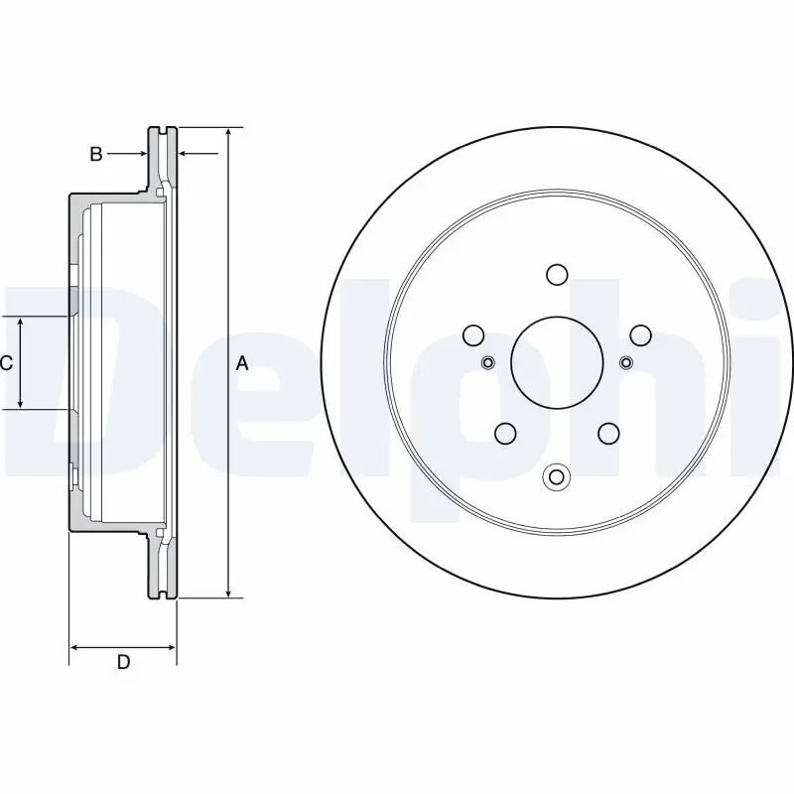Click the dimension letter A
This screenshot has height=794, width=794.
tap(241, 364)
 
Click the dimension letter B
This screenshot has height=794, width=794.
tap(96, 154)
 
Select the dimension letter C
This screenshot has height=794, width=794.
tap(6, 363)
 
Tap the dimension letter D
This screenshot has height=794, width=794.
tap(123, 662)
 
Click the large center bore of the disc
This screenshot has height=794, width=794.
tap(556, 362)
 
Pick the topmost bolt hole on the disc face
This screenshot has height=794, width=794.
tap(556, 274)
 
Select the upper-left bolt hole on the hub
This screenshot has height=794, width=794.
tap(473, 334)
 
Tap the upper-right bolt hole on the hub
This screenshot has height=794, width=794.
tap(639, 334)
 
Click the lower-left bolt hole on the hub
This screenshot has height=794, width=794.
tap(505, 433)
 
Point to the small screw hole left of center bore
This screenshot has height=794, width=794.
tap(486, 362)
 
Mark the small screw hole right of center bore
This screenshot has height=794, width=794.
tap(625, 362)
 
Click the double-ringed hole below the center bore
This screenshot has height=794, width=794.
tap(556, 477)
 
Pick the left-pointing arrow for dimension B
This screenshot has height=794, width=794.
tap(184, 154)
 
